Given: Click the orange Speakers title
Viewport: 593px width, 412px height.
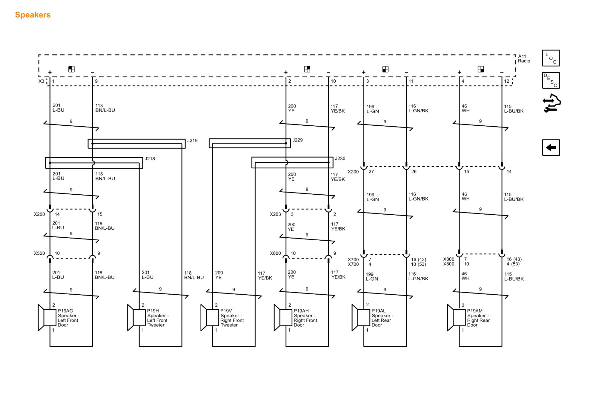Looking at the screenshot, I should pyautogui.click(x=33, y=15).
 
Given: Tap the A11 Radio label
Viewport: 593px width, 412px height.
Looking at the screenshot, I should pyautogui.click(x=524, y=59).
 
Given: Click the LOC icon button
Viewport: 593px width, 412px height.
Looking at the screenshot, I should pyautogui.click(x=550, y=58).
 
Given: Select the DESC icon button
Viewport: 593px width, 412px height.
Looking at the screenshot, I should pyautogui.click(x=550, y=80).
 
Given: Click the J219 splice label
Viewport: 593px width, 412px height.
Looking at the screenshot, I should pyautogui.click(x=192, y=140).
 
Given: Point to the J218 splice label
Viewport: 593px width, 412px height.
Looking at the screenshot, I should pyautogui.click(x=149, y=159).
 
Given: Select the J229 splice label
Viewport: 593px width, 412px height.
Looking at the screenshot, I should pyautogui.click(x=298, y=140).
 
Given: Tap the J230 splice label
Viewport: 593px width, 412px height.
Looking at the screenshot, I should pyautogui.click(x=340, y=158).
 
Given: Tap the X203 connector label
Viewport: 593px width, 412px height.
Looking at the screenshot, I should pyautogui.click(x=275, y=214).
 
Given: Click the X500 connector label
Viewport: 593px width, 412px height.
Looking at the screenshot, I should pyautogui.click(x=39, y=253).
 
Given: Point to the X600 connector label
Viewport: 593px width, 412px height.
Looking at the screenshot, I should pyautogui.click(x=275, y=253).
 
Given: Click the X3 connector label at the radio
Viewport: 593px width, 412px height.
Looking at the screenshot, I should pyautogui.click(x=41, y=81).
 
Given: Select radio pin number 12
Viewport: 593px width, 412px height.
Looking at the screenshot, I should pyautogui.click(x=507, y=81).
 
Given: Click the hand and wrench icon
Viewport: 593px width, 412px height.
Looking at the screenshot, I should pyautogui.click(x=551, y=103).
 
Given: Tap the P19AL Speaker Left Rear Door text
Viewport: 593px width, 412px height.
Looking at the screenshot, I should pyautogui.click(x=382, y=318).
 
